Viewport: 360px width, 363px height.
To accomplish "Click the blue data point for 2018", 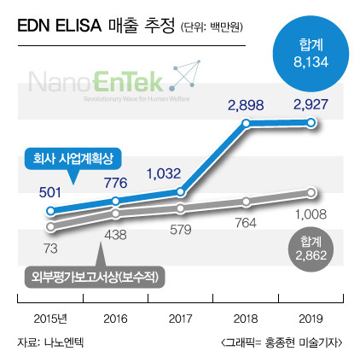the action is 247,123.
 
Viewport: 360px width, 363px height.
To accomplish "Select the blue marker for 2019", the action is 311,123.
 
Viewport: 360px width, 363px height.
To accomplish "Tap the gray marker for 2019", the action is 311,192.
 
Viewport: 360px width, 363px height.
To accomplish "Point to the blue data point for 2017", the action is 181,192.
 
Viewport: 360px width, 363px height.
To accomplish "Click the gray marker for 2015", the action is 50,226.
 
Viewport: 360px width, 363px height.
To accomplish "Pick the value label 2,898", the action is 246,105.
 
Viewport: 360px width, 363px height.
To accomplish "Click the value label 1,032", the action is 164,173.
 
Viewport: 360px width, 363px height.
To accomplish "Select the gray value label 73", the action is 50,249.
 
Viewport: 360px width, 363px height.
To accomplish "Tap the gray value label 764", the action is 246,223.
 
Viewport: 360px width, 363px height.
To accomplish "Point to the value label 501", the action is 50,193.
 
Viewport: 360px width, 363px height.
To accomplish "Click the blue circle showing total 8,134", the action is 311,54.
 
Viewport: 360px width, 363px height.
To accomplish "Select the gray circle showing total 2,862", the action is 311,249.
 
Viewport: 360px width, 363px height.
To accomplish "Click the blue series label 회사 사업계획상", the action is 73,159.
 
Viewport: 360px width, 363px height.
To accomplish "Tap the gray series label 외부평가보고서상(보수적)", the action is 95,277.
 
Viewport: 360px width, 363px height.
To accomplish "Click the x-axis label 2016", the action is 115,319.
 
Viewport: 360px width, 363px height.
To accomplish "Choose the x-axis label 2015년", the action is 50,319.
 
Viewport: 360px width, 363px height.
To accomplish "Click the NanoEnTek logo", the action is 114,81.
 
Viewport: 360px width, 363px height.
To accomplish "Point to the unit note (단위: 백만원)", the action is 212,27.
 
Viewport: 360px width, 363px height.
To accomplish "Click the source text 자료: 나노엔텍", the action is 50,343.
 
